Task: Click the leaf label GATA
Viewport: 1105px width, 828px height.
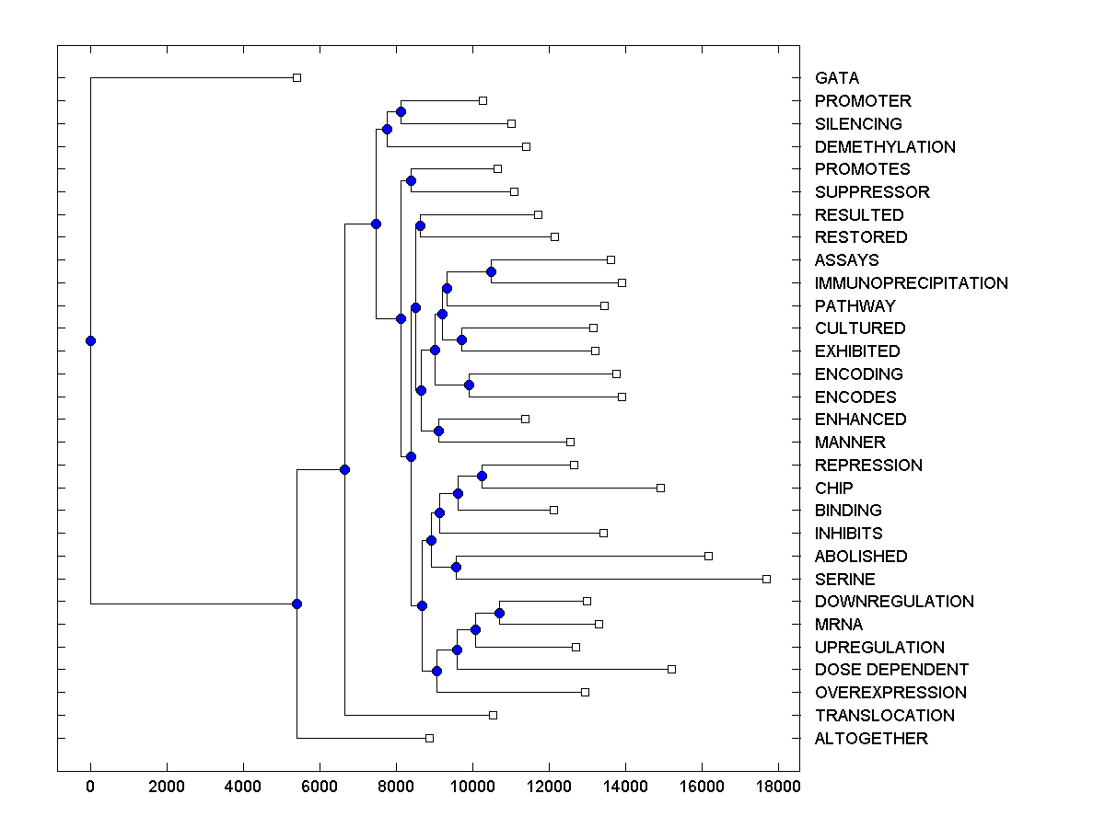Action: point(836,78)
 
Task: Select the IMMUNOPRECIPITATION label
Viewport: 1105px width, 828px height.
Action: point(911,283)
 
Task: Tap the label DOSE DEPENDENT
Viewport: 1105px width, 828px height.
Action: point(891,670)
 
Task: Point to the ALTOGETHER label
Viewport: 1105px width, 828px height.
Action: point(871,739)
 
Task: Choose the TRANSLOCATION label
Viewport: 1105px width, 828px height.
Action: point(884,716)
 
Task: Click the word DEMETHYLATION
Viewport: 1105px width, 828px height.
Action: point(885,147)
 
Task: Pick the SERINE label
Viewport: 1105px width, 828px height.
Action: point(844,580)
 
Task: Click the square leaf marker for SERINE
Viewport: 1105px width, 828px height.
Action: point(766,579)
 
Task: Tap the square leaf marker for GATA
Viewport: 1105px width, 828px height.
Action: point(297,77)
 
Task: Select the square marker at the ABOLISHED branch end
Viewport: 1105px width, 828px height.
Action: point(708,556)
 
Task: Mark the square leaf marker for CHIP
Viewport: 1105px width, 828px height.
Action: point(660,488)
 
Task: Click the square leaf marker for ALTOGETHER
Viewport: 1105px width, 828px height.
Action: point(429,738)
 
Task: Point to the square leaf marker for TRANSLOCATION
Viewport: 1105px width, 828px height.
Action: point(493,715)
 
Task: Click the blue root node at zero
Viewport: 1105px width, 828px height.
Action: point(90,340)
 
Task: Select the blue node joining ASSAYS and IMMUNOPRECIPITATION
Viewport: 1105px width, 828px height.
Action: point(491,271)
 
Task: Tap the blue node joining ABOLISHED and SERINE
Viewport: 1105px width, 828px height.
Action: point(456,567)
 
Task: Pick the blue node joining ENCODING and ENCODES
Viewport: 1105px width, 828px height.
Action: point(469,385)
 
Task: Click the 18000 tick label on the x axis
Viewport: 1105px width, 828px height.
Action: point(778,788)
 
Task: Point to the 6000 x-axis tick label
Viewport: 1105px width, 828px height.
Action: point(320,788)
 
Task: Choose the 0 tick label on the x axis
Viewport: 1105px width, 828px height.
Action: point(90,788)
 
